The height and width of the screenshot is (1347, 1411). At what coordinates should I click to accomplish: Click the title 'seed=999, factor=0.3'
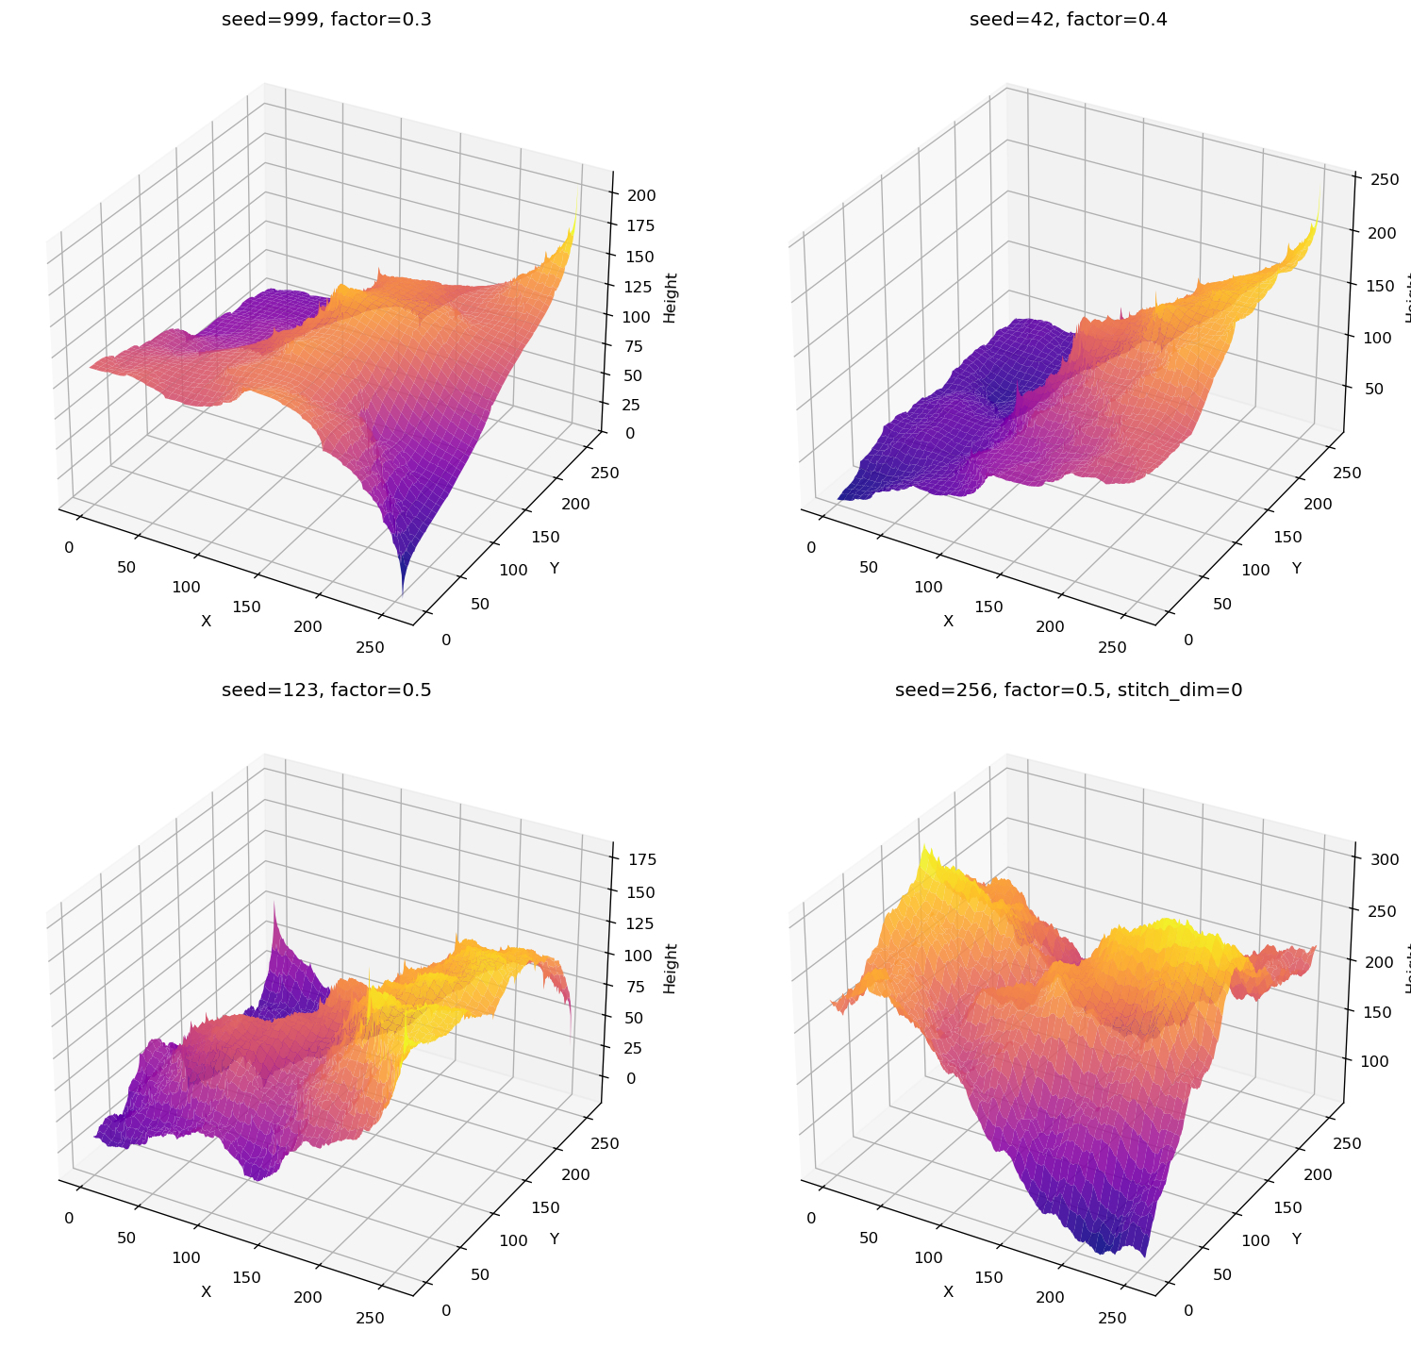(x=326, y=19)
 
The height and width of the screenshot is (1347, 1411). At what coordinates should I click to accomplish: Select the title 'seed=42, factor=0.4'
(x=1068, y=19)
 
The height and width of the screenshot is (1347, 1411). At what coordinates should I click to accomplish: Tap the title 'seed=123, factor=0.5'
(x=326, y=690)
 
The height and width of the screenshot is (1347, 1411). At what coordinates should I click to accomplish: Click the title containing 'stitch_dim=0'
(x=1068, y=690)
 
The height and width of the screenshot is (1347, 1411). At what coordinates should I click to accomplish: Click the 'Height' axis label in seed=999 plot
(x=670, y=297)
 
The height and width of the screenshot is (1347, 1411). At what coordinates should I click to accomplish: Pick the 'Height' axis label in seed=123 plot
(x=670, y=968)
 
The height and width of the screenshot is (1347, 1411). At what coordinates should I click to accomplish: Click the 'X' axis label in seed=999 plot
(x=206, y=621)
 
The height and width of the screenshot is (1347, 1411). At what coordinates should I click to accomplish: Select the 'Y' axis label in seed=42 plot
(x=1296, y=568)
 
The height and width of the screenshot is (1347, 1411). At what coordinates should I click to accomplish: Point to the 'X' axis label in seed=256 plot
(x=948, y=1291)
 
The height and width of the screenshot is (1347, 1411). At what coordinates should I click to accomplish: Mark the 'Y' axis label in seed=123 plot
(x=555, y=1239)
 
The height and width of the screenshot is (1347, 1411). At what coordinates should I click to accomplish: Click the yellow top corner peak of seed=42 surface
(x=1318, y=200)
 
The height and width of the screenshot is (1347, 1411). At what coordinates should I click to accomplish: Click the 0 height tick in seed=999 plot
(x=629, y=433)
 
